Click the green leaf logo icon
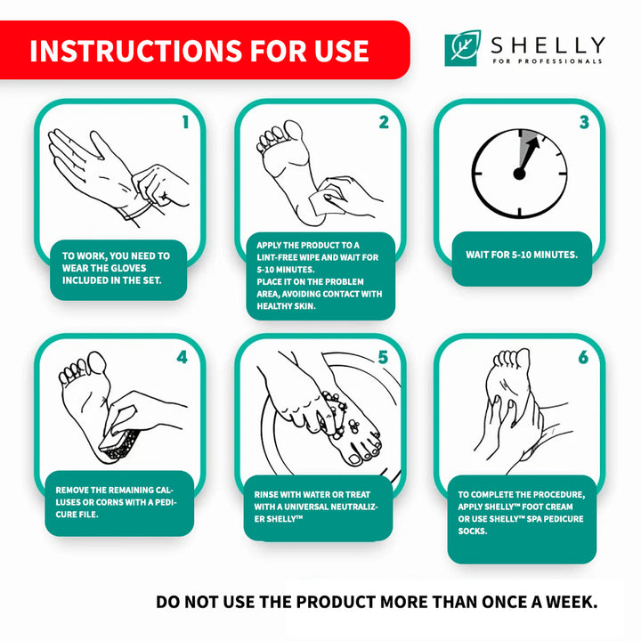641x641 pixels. click(x=462, y=48)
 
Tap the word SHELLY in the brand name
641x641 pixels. click(x=548, y=45)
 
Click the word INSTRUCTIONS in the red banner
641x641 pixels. click(x=136, y=51)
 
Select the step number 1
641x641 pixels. click(x=185, y=122)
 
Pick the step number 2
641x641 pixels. click(x=384, y=122)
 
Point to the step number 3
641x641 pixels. click(x=584, y=122)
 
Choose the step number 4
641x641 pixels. click(x=182, y=357)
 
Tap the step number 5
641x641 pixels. click(x=383, y=357)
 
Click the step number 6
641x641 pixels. click(x=583, y=357)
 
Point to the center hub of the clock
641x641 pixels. click(x=519, y=174)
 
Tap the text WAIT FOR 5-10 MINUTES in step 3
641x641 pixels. click(x=522, y=255)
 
